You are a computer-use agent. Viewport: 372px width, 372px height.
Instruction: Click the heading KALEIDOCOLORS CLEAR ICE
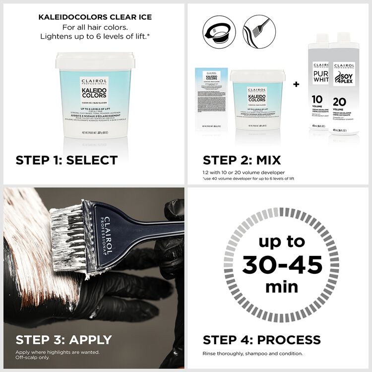pos(95,17)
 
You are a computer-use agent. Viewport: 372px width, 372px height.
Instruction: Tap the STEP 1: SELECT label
pos(66,160)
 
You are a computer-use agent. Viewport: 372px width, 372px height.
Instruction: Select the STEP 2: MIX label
pos(242,160)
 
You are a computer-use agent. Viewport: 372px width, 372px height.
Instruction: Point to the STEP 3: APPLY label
pos(63,340)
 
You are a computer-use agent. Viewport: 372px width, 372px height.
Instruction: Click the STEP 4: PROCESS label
pos(261,340)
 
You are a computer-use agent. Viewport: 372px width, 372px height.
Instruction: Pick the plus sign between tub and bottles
pos(296,84)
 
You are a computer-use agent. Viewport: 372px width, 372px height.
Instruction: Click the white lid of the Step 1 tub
pos(95,61)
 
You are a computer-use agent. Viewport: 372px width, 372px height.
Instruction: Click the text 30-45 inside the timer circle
pos(282,264)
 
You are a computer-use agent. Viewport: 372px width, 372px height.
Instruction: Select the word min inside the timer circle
pos(282,286)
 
